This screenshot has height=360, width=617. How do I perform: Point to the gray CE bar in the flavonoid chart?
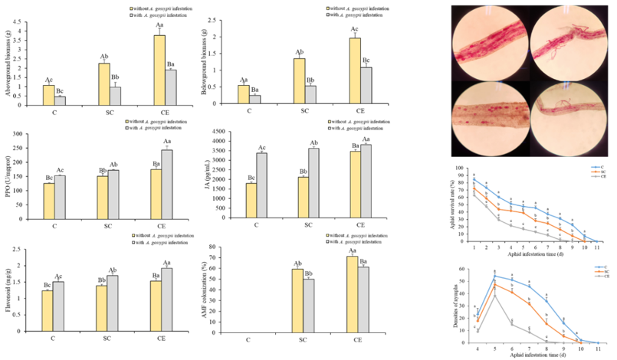click(x=166, y=304)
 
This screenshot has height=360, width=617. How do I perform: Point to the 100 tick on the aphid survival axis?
click(x=462, y=167)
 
